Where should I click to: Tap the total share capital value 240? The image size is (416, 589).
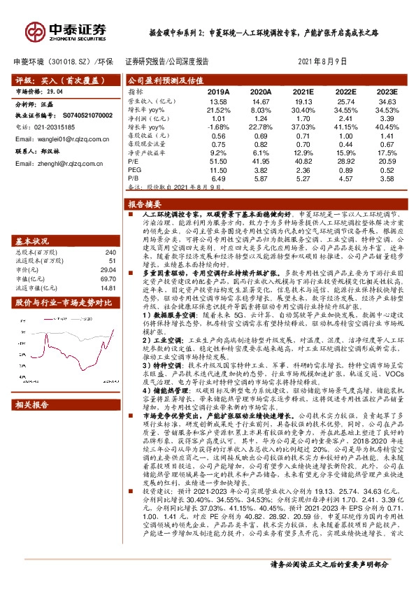[109, 252]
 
